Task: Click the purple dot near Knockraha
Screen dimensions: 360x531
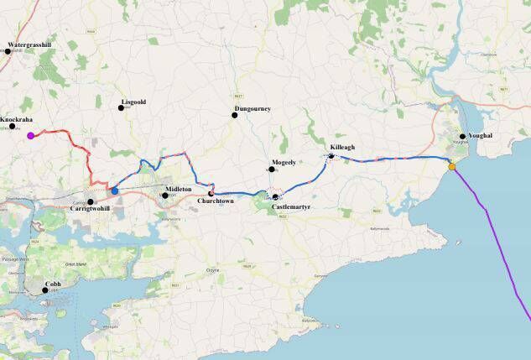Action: pyautogui.click(x=31, y=135)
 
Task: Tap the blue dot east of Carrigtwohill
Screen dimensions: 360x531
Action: pyautogui.click(x=114, y=190)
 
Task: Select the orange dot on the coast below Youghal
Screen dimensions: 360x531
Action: pyautogui.click(x=451, y=167)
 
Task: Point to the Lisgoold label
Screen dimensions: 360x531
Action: pyautogui.click(x=134, y=102)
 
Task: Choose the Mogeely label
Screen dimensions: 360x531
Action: pyautogui.click(x=284, y=161)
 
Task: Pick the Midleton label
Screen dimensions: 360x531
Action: pyautogui.click(x=178, y=190)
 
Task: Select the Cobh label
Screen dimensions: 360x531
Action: pyautogui.click(x=60, y=285)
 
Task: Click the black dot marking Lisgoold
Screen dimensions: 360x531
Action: pyautogui.click(x=121, y=107)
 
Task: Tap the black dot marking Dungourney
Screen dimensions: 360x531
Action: pyautogui.click(x=235, y=115)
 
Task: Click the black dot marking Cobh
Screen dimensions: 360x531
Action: pyautogui.click(x=46, y=290)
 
